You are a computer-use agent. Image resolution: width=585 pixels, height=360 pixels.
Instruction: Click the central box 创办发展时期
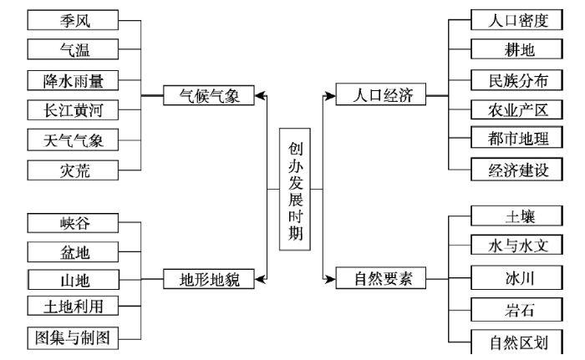coord(295,189)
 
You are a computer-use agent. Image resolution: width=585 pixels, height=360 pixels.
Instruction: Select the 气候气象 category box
coord(209,95)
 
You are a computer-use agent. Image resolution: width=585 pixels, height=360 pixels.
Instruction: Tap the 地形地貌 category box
coord(209,279)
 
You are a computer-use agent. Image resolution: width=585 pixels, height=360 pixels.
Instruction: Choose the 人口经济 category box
coord(381,94)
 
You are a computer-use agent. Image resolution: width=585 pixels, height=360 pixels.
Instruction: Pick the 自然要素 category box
coord(381,278)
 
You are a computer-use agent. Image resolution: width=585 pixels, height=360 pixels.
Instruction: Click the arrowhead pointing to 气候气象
coord(261,96)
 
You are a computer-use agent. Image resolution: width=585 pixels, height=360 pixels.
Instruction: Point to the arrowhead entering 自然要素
coord(329,279)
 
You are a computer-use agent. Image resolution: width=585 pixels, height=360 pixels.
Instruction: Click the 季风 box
coord(74,20)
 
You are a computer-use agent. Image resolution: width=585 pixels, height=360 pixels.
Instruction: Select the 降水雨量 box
coord(74,80)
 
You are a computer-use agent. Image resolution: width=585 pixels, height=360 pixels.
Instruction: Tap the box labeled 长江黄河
coord(74,109)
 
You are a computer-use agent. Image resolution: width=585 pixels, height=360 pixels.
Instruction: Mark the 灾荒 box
coord(74,170)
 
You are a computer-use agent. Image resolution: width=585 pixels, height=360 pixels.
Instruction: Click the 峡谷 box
coord(74,223)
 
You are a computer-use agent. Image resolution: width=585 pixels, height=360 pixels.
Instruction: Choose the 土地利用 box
coord(74,306)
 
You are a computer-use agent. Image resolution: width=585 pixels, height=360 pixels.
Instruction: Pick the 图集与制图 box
coord(74,338)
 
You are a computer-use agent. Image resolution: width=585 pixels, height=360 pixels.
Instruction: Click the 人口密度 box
coord(516,20)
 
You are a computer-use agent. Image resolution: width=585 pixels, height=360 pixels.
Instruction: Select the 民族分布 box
coord(516,80)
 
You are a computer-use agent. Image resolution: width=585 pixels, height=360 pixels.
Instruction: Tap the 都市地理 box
coord(516,137)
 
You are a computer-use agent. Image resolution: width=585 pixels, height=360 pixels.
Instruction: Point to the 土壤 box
coord(516,215)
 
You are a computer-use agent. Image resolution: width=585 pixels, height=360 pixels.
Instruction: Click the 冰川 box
coord(516,277)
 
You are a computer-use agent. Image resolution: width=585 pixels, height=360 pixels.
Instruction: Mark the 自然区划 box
coord(516,342)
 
